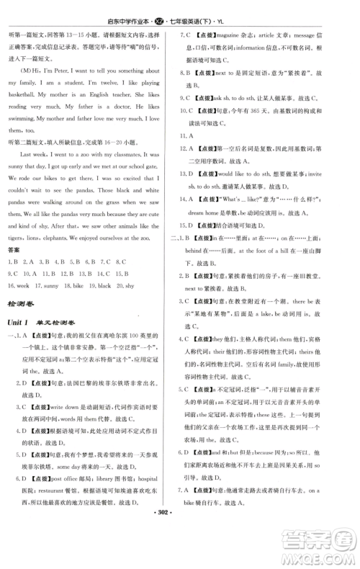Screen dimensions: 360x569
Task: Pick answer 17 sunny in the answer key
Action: tap(50, 286)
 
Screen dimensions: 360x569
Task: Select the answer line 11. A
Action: tap(192, 135)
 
